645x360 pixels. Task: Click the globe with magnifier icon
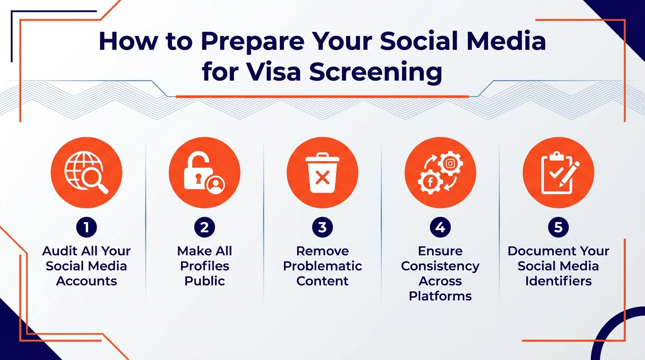(x=86, y=172)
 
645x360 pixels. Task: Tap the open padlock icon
(x=204, y=172)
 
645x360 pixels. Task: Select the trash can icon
(x=322, y=172)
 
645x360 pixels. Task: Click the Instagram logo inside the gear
(x=450, y=164)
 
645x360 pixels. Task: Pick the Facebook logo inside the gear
(x=430, y=182)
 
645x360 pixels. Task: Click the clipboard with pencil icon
(x=558, y=172)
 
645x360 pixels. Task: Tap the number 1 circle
(x=86, y=228)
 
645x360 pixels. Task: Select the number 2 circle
(x=204, y=228)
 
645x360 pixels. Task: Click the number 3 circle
(x=322, y=228)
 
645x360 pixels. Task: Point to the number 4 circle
(x=440, y=228)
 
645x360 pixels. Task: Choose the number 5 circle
(x=558, y=228)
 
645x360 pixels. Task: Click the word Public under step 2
(x=204, y=281)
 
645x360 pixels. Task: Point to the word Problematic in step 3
(x=322, y=266)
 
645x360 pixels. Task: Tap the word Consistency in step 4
(x=440, y=266)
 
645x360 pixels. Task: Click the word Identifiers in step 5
(x=558, y=281)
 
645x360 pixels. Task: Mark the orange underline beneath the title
(x=322, y=97)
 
